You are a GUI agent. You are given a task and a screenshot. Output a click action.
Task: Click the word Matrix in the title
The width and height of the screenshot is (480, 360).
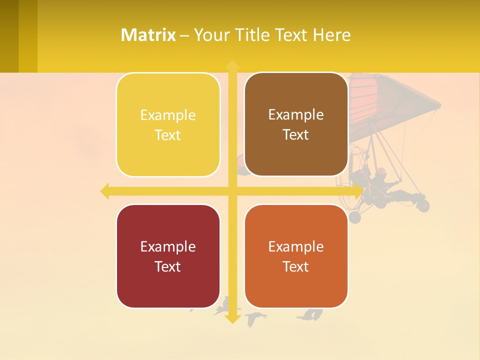click(148, 35)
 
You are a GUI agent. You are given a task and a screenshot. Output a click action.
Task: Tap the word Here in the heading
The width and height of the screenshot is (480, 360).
click(331, 35)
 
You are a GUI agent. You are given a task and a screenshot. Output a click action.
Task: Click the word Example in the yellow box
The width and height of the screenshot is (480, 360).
click(168, 115)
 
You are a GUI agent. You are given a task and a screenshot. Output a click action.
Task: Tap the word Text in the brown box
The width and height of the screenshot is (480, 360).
click(296, 135)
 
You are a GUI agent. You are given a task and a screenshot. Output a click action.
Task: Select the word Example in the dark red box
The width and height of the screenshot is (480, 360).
click(168, 246)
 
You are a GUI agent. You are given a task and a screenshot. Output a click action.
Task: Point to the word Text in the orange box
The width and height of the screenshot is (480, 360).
click(296, 266)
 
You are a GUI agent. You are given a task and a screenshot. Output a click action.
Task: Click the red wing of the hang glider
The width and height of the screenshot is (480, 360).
click(395, 95)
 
